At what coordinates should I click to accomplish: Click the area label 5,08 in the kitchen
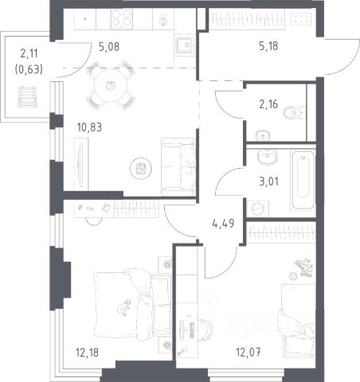pos(109,47)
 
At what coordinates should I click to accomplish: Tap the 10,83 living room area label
pos(89,127)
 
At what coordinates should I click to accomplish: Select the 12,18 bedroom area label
pos(87,353)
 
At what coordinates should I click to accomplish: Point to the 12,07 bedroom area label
pos(248,353)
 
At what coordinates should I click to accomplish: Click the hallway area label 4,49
pos(223,224)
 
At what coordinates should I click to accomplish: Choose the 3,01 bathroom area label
pos(268,181)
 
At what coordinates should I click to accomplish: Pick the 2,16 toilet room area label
pos(268,104)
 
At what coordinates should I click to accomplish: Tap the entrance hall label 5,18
pos(268,46)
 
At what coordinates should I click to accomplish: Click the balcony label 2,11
pos(29,53)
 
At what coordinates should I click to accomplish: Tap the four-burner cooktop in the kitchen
pos(121,18)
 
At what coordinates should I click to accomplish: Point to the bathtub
pos(303,181)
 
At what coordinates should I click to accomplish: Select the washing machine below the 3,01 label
pos(257,209)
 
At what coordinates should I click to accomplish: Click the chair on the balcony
pos(28,97)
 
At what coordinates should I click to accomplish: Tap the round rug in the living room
pos(141,168)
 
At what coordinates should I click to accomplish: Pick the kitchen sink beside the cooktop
pos(185,45)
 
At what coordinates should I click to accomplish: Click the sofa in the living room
pos(178,167)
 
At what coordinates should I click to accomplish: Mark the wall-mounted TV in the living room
pos(80,164)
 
